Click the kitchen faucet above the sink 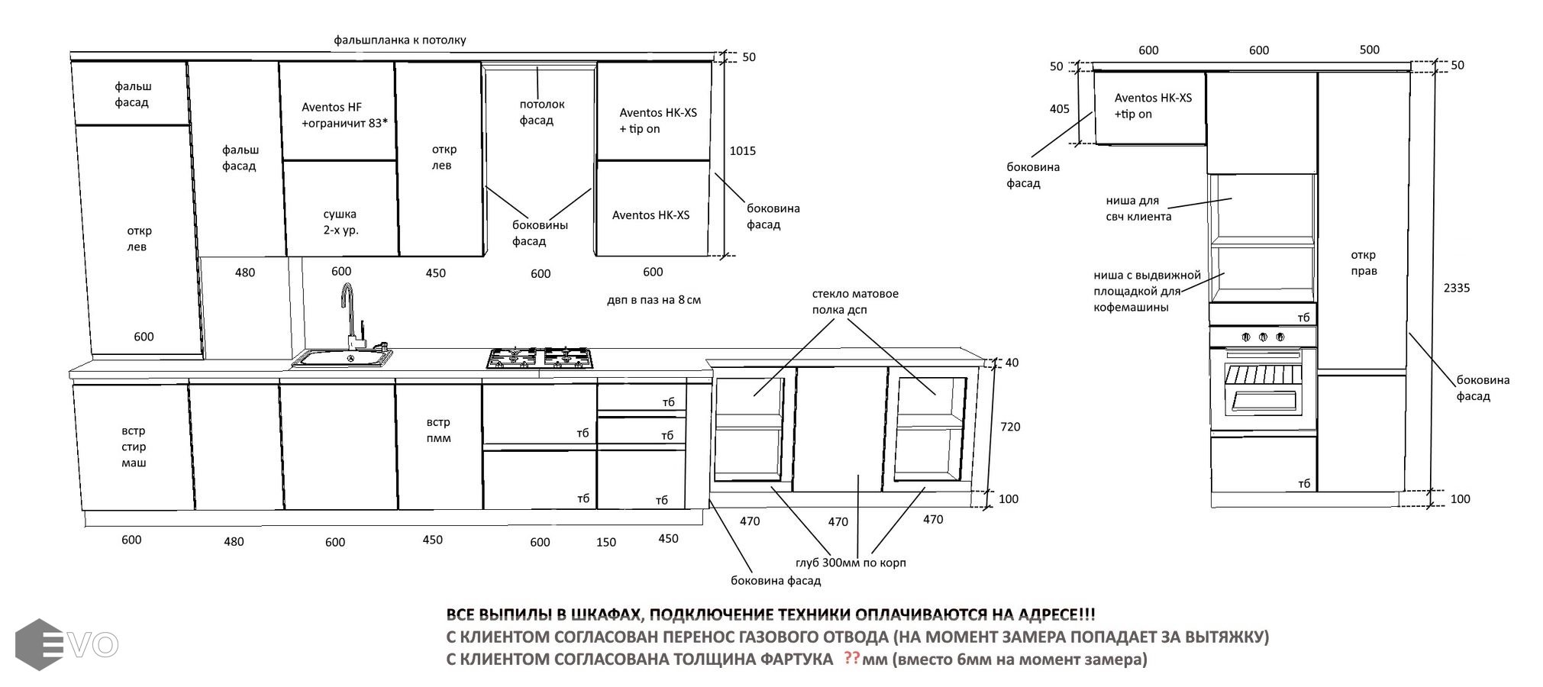coord(348,313)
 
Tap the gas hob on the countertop coord(540,359)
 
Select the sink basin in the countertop coord(342,357)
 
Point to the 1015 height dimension coord(742,151)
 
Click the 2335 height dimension coord(1456,289)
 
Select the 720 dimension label coord(1010,427)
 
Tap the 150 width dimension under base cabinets coord(606,543)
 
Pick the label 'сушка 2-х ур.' coord(340,222)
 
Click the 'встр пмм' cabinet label coord(438,431)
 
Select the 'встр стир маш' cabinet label coord(134,447)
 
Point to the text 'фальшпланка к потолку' coord(399,40)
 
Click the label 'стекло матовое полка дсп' coord(854,302)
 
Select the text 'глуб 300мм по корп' coord(851,563)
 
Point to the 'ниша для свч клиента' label coord(1138,208)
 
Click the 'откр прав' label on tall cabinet coord(1364,263)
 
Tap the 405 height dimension coord(1059,109)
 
